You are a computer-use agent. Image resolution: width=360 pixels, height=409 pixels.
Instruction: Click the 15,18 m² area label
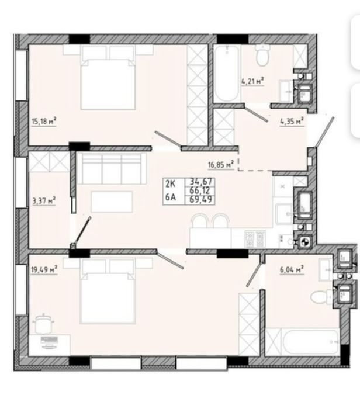[x=44, y=122]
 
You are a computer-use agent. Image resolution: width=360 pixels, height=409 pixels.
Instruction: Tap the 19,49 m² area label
[x=44, y=269]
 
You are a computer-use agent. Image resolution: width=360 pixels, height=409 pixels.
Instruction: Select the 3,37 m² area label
[x=44, y=201]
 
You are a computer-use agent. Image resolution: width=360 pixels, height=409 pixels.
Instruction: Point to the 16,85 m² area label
[x=221, y=165]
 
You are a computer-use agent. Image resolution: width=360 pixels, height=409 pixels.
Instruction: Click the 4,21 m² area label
[x=253, y=81]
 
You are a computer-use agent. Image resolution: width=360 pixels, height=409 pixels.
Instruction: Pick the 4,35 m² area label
[x=292, y=122]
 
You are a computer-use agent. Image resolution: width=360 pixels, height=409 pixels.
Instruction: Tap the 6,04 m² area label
[x=292, y=269]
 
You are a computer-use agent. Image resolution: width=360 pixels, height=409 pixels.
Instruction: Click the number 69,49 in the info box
[x=202, y=200]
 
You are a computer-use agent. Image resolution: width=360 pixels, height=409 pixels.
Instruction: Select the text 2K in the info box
[x=171, y=184]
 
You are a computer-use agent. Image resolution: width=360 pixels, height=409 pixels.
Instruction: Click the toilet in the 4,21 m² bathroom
[x=262, y=56]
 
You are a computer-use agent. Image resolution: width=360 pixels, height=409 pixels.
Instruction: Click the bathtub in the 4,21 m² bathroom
[x=226, y=74]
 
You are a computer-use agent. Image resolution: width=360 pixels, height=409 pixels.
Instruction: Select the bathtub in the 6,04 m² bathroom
[x=310, y=341]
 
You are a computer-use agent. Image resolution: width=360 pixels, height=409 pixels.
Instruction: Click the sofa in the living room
[x=112, y=168]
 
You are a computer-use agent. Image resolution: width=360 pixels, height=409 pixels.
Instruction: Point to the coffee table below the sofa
[x=112, y=202]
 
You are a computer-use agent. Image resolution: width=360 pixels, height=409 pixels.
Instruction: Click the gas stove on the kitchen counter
[x=255, y=239]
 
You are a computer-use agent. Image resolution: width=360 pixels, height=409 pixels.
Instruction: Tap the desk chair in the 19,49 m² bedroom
[x=44, y=324]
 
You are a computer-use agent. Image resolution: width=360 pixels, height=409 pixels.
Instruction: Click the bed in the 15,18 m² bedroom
[x=108, y=77]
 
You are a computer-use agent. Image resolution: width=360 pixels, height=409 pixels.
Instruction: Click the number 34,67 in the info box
[x=202, y=181]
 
